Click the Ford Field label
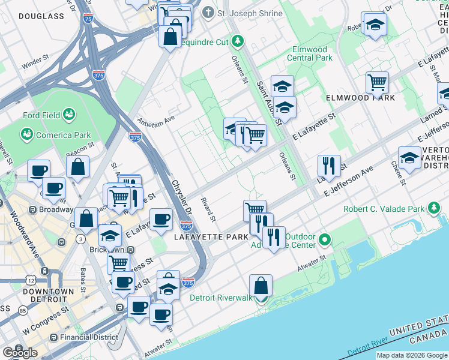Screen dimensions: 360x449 tap(40, 115)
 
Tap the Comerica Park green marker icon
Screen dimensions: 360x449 tap(26, 134)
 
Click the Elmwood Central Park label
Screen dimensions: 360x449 tap(310, 54)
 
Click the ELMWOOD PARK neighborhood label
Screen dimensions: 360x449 tap(360, 98)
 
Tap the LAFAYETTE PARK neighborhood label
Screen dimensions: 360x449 tap(211, 238)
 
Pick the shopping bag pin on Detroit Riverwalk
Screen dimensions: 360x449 tap(261, 286)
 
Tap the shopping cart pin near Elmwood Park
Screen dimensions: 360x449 tap(377, 82)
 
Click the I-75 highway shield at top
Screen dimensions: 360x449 tap(88, 19)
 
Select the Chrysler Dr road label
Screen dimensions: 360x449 tap(181, 199)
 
